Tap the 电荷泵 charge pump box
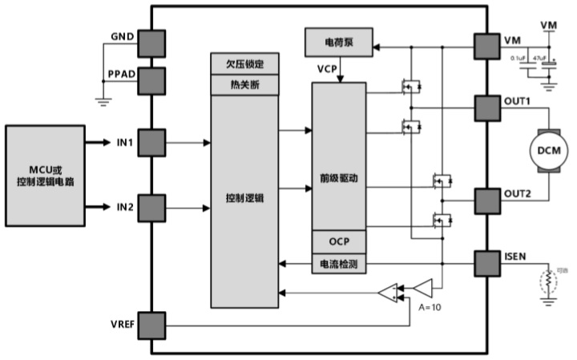pyautogui.click(x=338, y=42)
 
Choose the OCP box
pyautogui.click(x=338, y=241)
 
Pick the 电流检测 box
pyautogui.click(x=338, y=263)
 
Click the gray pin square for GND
pyautogui.click(x=151, y=42)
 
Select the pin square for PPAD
pyautogui.click(x=151, y=79)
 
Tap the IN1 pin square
pyautogui.click(x=151, y=143)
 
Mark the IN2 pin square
pyautogui.click(x=151, y=207)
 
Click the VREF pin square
pyautogui.click(x=151, y=325)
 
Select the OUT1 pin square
pyautogui.click(x=486, y=107)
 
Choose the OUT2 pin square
pyautogui.click(x=486, y=200)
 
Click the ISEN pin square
pyautogui.click(x=486, y=263)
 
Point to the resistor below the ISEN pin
pyautogui.click(x=549, y=281)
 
